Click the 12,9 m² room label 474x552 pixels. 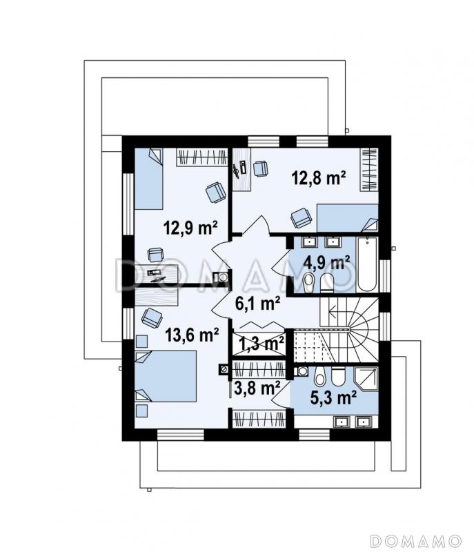tap(190, 228)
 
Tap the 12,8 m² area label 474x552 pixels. tap(319, 178)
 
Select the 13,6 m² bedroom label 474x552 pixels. tap(192, 335)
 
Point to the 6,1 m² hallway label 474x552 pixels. tap(257, 304)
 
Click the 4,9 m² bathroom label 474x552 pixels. tap(326, 263)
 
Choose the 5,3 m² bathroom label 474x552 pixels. tap(333, 397)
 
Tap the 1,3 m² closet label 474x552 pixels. tap(261, 343)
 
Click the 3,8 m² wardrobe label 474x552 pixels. tap(257, 388)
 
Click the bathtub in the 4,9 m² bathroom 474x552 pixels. tap(367, 264)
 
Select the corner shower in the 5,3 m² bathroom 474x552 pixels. tap(366, 379)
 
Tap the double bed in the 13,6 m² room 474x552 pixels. tap(166, 376)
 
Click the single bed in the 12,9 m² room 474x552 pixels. tap(149, 179)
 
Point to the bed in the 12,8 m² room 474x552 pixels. tap(347, 218)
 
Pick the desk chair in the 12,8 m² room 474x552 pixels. tap(260, 168)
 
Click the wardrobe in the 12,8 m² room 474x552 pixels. tap(369, 170)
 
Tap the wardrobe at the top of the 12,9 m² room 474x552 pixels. tap(202, 157)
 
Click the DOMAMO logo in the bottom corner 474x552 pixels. tap(415, 540)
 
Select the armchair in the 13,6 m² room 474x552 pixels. tap(152, 317)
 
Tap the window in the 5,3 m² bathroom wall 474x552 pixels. tap(314, 435)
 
